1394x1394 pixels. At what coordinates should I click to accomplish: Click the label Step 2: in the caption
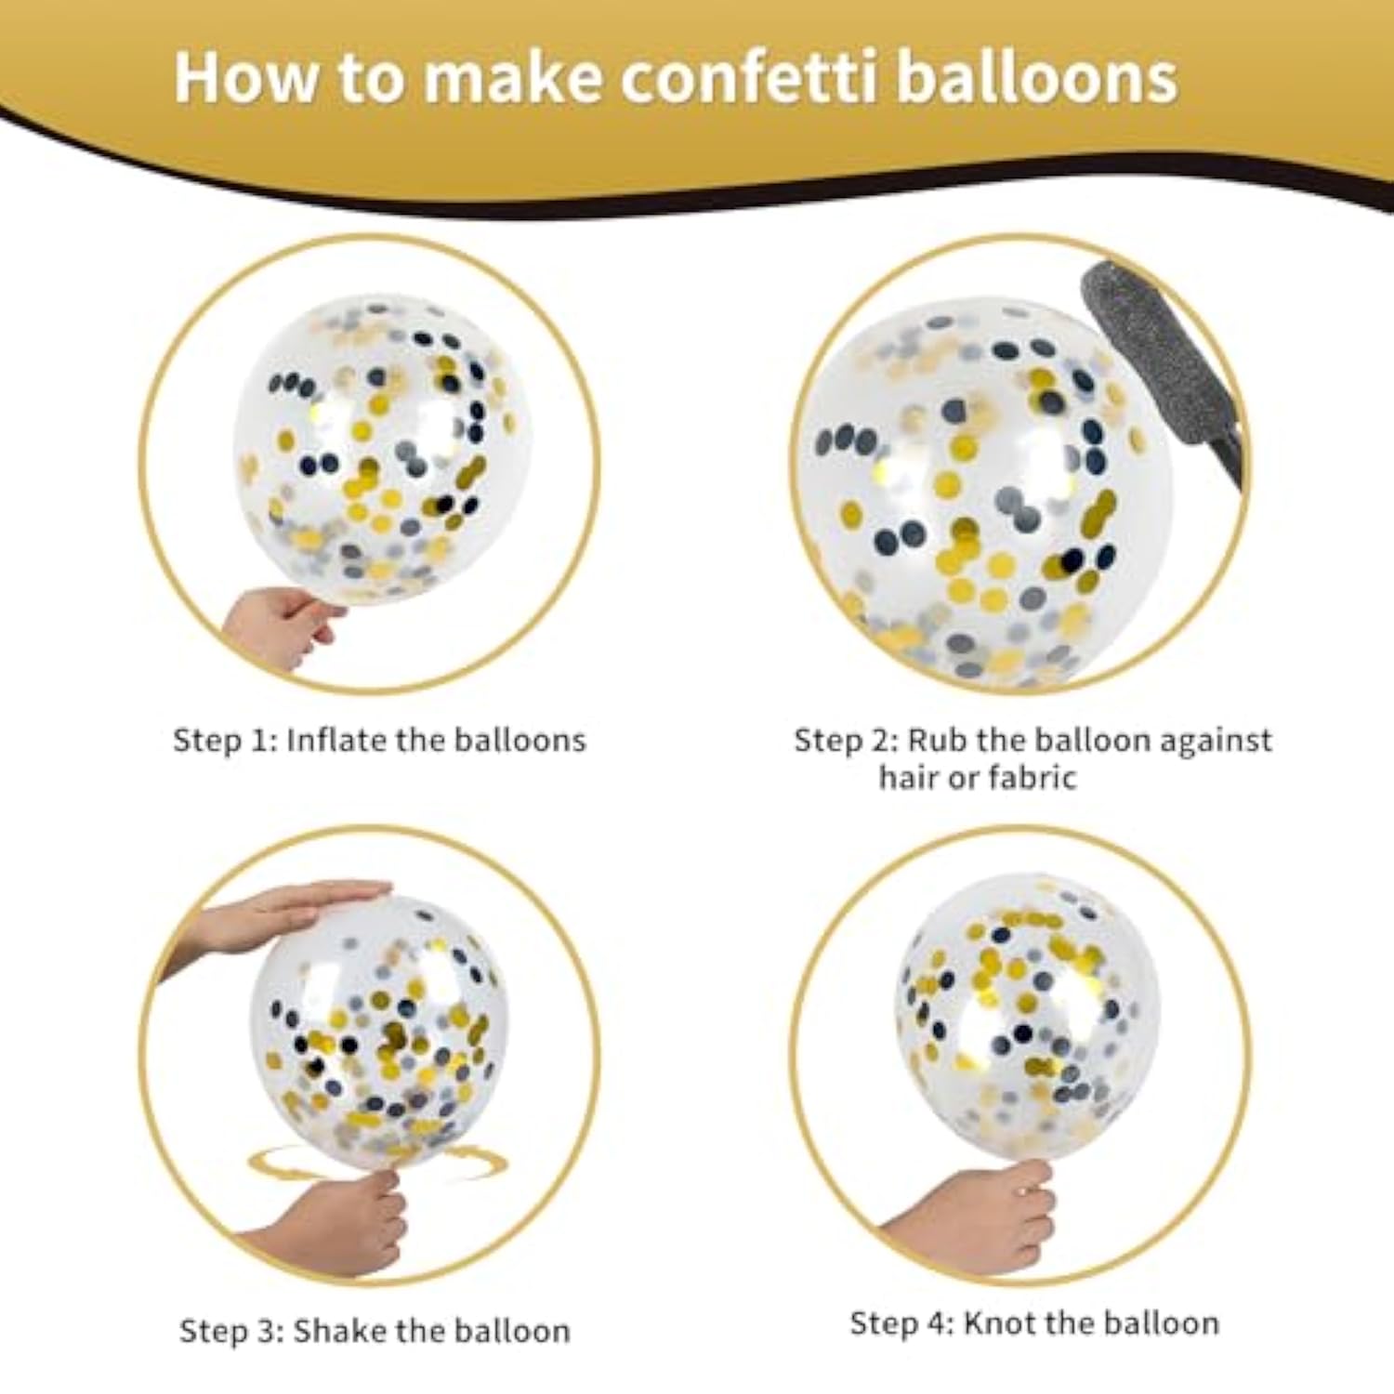pyautogui.click(x=845, y=741)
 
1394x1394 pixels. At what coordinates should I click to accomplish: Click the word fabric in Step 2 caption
pyautogui.click(x=1031, y=777)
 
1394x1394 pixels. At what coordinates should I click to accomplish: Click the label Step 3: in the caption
pyautogui.click(x=231, y=1331)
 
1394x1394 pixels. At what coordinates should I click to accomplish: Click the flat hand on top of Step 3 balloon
pyautogui.click(x=279, y=915)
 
